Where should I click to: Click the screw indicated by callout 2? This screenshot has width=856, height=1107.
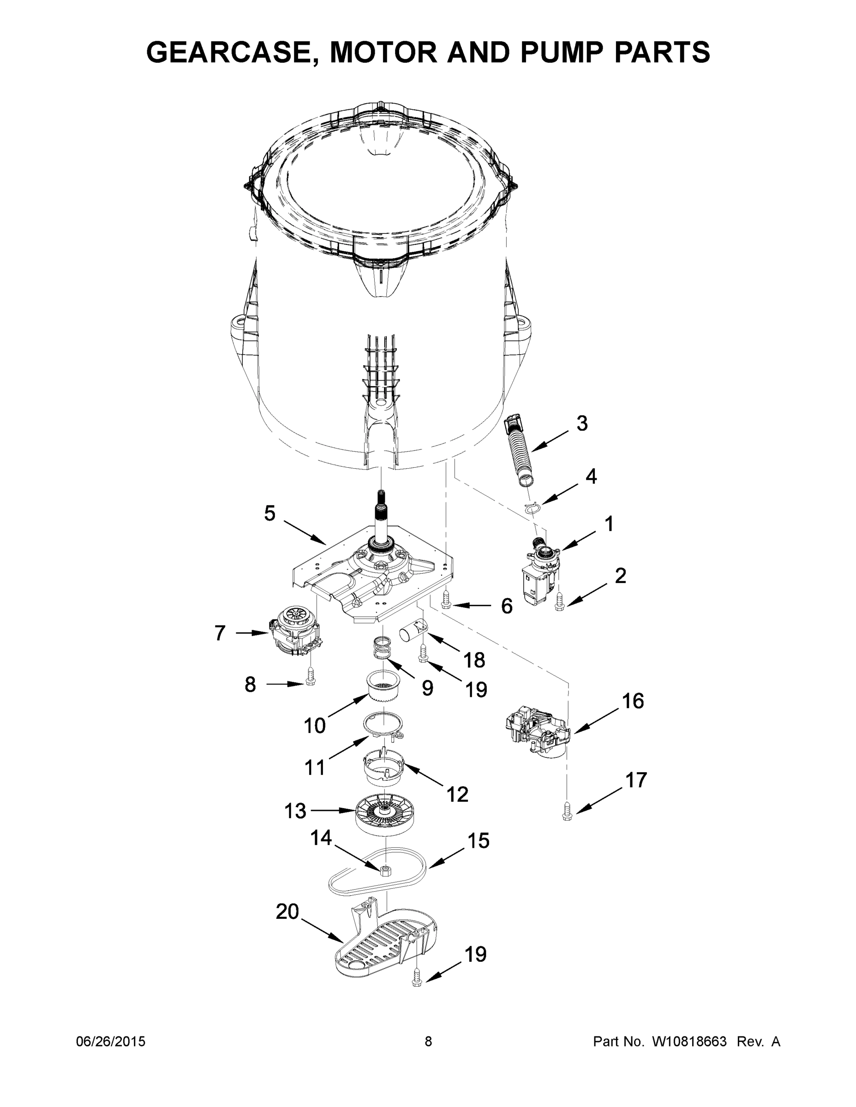559,601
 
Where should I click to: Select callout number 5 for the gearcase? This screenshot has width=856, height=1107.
269,513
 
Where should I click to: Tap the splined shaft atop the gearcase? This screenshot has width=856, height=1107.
380,512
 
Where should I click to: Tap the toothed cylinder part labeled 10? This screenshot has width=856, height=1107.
383,687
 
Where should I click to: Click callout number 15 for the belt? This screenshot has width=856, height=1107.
477,841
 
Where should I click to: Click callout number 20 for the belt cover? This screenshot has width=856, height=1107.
287,912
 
